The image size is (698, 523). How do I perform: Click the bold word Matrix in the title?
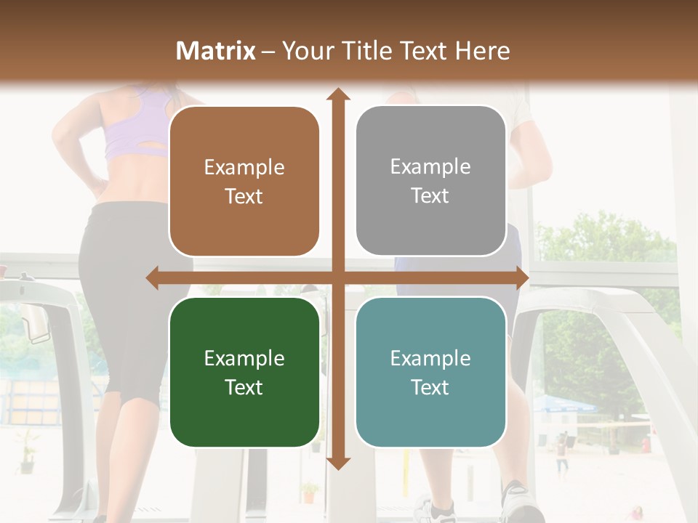point(216,51)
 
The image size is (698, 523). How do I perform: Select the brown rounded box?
point(244,182)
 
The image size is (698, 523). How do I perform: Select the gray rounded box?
point(430,181)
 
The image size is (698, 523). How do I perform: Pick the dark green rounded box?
point(244,372)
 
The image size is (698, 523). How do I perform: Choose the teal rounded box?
point(430,372)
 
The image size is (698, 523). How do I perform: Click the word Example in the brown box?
point(244,168)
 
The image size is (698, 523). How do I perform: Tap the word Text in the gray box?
point(430,196)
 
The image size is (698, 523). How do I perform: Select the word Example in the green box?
point(244,358)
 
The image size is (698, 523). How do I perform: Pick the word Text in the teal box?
point(430,387)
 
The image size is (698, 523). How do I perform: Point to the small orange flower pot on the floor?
point(310,493)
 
